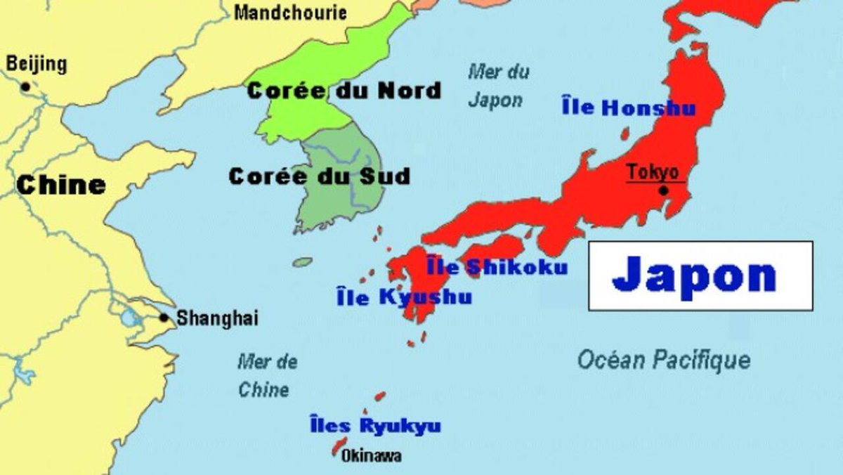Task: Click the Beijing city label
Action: (37, 65)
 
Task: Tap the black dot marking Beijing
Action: (25, 87)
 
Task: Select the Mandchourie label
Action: (290, 12)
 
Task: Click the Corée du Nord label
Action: (344, 91)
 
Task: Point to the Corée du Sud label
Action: (319, 176)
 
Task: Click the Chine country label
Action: (61, 185)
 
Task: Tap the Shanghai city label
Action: (217, 318)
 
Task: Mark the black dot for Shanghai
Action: (164, 318)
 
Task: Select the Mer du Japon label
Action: (497, 86)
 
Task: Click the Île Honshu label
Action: (629, 108)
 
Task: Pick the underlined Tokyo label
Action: (653, 172)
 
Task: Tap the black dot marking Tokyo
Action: (662, 190)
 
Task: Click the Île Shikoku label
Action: (497, 267)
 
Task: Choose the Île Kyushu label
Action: (404, 297)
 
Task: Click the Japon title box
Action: (700, 275)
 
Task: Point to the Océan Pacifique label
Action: (663, 360)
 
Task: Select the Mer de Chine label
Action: (266, 376)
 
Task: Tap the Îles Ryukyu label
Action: (375, 425)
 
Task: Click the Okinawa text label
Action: (371, 456)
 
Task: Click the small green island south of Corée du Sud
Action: (302, 262)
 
